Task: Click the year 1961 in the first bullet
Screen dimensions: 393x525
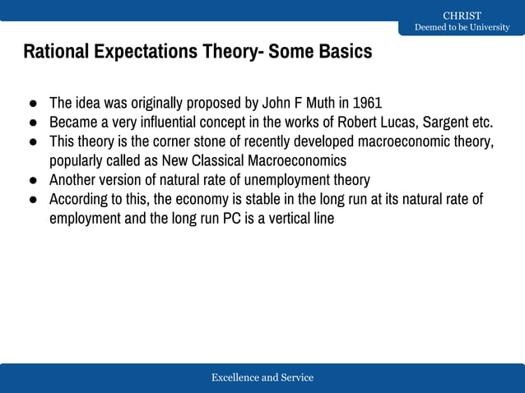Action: pyautogui.click(x=367, y=104)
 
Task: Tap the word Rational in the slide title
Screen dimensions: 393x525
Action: pyautogui.click(x=56, y=52)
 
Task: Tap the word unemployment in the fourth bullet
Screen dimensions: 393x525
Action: pyautogui.click(x=276, y=180)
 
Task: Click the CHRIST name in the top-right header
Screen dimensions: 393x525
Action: pyautogui.click(x=462, y=16)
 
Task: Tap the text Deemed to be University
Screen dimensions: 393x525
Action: pyautogui.click(x=462, y=27)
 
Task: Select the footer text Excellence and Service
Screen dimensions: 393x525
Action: pyautogui.click(x=262, y=377)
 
